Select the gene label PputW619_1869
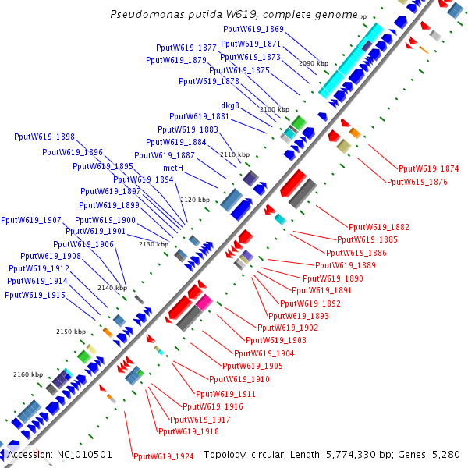pos(253,29)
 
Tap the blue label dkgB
pos(230,105)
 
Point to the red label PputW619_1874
pos(429,168)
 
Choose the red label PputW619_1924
pos(163,456)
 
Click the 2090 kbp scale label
pos(315,63)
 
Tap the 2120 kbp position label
pos(196,200)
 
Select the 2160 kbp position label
pos(28,375)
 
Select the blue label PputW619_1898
pos(44,136)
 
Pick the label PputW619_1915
pos(34,295)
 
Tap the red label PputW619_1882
pos(379,227)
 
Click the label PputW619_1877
pos(186,48)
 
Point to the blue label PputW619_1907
pos(31,220)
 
